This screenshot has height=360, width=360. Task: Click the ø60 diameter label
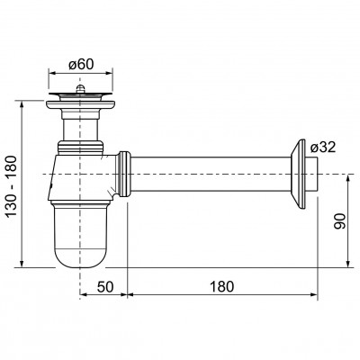(81, 64)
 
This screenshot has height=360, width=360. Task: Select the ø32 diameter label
(323, 148)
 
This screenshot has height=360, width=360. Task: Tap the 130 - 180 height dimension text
(12, 186)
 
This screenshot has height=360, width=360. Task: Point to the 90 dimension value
(339, 220)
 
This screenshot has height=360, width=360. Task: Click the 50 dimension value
(105, 286)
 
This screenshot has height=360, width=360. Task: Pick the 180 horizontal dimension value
(221, 286)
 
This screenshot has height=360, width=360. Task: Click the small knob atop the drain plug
(80, 89)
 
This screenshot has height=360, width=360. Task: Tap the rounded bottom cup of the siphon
(80, 235)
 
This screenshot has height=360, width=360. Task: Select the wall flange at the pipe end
(298, 174)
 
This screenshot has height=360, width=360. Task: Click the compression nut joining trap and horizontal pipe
(124, 174)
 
